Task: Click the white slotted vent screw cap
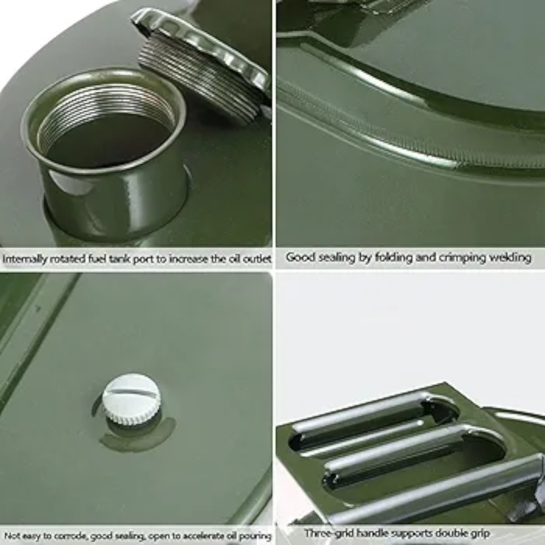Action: [x=131, y=399]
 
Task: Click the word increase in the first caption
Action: [x=189, y=259]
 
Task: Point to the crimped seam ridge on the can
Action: [x=395, y=138]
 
